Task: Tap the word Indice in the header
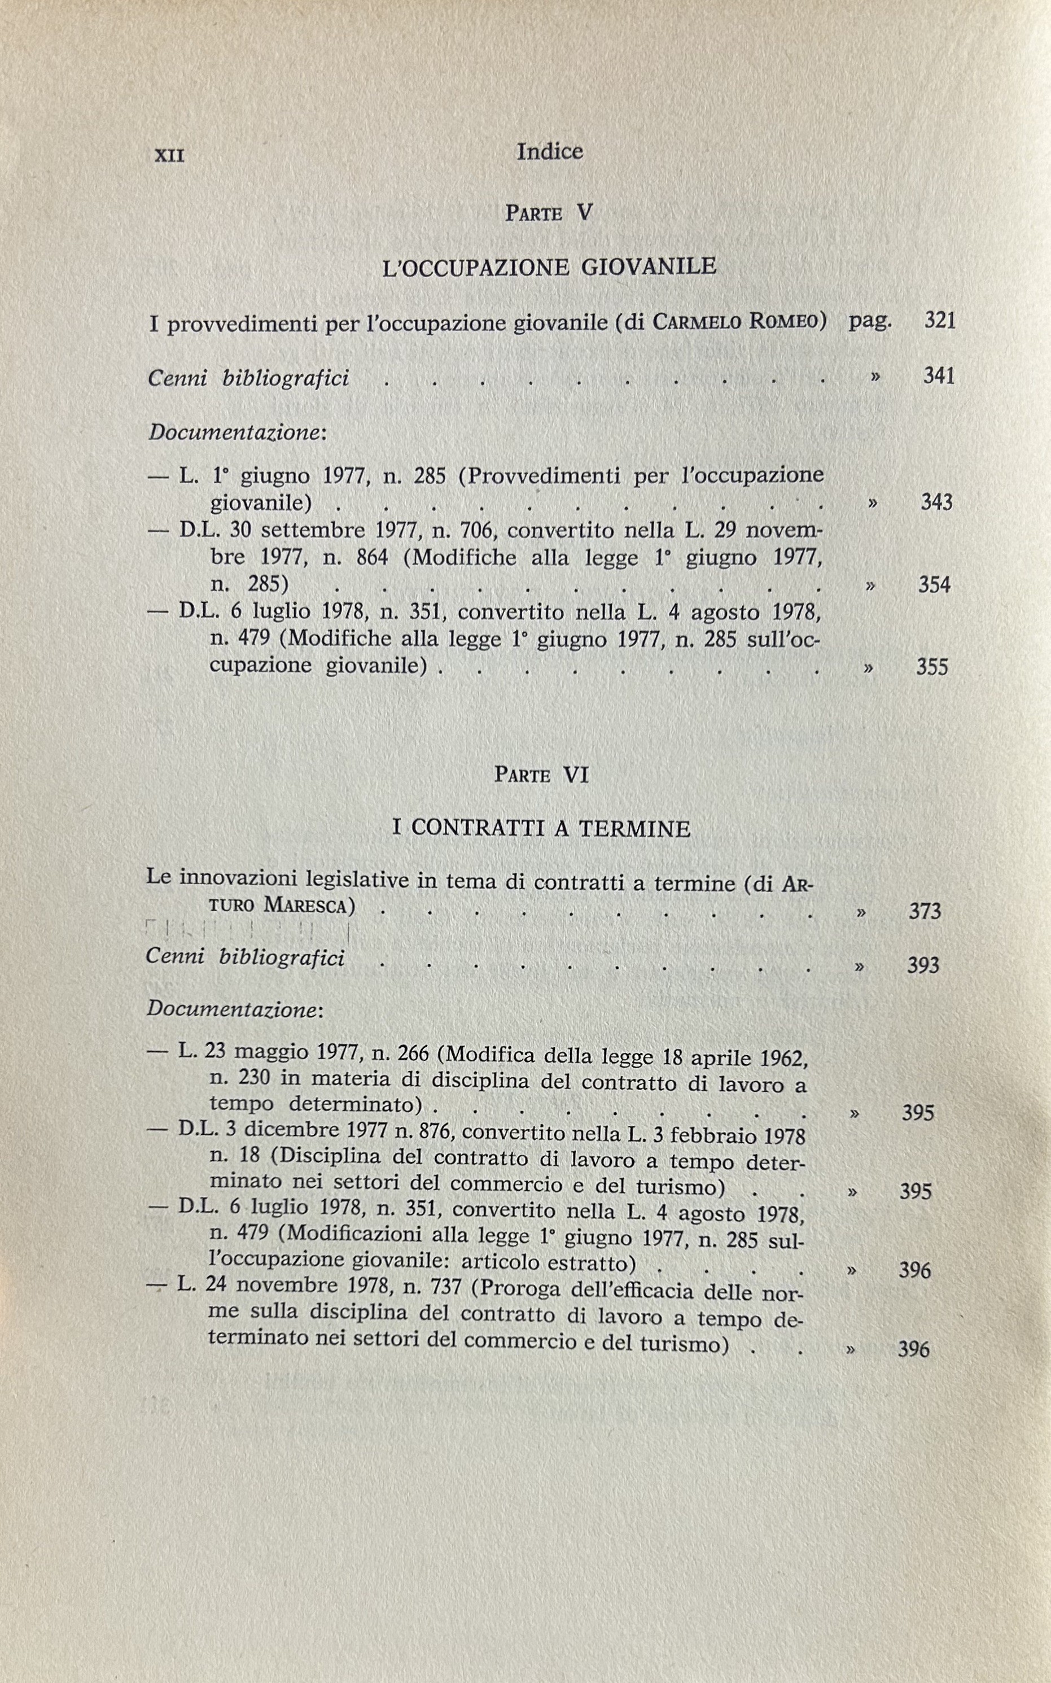pyautogui.click(x=549, y=151)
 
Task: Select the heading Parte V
pyautogui.click(x=549, y=213)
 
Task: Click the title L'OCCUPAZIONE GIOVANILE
pyautogui.click(x=549, y=267)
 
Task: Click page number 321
pyautogui.click(x=940, y=321)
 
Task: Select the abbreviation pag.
pyautogui.click(x=870, y=321)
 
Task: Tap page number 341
pyautogui.click(x=938, y=376)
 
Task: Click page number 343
pyautogui.click(x=936, y=502)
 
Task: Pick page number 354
pyautogui.click(x=934, y=585)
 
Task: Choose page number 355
pyautogui.click(x=932, y=667)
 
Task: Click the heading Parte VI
pyautogui.click(x=541, y=775)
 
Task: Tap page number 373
pyautogui.click(x=925, y=911)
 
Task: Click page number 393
pyautogui.click(x=923, y=965)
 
